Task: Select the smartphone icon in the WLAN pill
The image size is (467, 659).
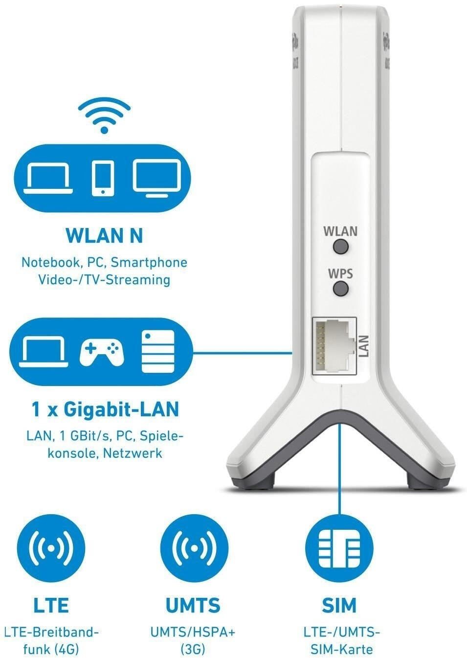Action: click(x=103, y=178)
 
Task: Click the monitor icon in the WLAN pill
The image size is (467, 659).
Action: click(x=156, y=178)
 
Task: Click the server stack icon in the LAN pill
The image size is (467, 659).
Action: click(x=158, y=351)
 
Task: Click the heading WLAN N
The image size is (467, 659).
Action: click(x=104, y=236)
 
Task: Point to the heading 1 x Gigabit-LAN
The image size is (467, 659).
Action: click(x=105, y=409)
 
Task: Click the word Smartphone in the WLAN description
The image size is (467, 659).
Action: click(x=149, y=263)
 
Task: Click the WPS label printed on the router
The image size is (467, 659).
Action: click(x=340, y=274)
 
